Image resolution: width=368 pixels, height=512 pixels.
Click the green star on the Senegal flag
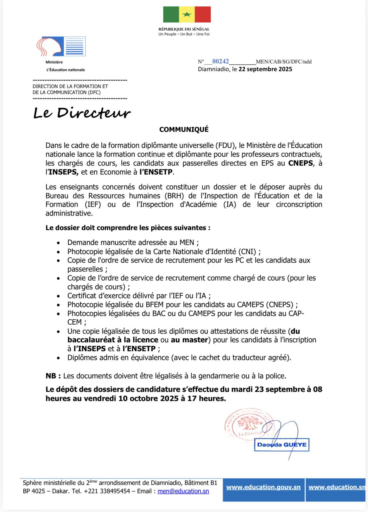187,14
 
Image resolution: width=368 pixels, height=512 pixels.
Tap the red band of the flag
203,14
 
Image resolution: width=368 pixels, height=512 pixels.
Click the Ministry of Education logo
61,46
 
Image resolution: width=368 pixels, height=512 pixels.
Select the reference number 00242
220,61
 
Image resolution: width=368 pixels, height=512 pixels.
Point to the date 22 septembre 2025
265,69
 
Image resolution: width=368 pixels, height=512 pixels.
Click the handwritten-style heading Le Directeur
82,113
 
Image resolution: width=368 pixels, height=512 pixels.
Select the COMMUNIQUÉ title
184,129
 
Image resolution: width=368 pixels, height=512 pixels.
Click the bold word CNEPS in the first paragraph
300,163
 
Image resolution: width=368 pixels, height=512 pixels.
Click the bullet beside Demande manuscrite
58,243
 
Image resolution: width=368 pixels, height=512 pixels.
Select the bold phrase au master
189,340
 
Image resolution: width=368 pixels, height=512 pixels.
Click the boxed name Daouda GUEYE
282,445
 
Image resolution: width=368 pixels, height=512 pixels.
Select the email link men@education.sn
183,491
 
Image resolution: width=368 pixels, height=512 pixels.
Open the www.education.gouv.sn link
263,487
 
